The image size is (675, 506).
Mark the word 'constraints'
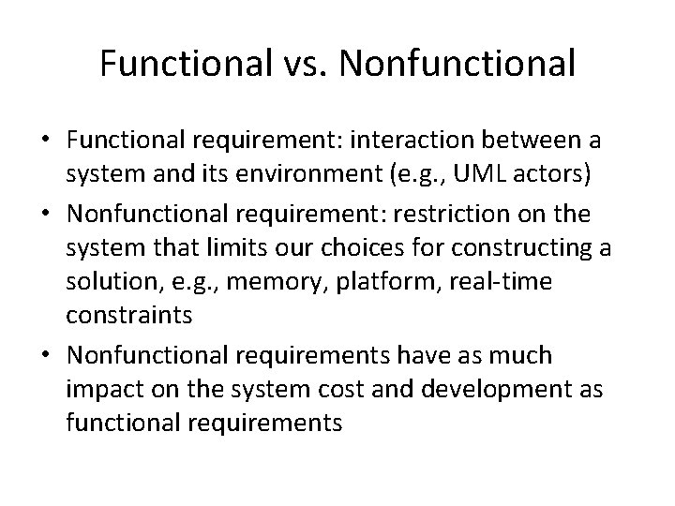click(129, 315)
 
